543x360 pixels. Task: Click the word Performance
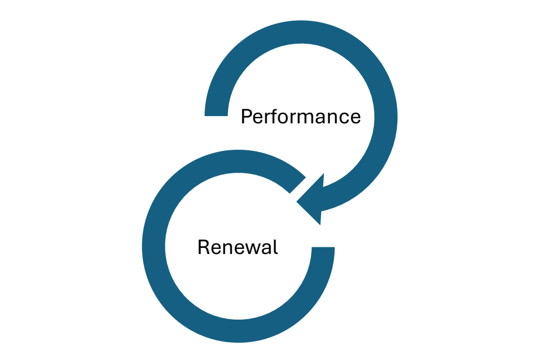click(300, 117)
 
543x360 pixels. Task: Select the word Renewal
click(238, 247)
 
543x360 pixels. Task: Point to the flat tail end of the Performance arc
click(216, 112)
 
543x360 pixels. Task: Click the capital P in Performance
click(246, 117)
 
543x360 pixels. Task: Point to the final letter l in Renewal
click(275, 246)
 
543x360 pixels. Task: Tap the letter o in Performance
click(285, 118)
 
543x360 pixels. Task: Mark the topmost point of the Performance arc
click(301, 31)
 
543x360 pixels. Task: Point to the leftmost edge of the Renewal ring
click(154, 247)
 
